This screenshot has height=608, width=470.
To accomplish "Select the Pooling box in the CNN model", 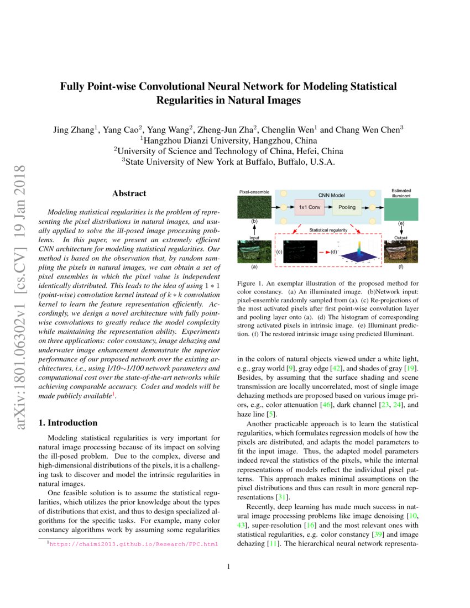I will [346, 207].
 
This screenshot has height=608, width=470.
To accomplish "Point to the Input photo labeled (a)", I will [254, 251].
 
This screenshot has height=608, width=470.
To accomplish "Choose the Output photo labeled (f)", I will [401, 251].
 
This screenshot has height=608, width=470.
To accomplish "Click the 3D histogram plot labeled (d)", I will [359, 252].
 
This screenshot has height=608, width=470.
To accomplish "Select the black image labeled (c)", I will [302, 251].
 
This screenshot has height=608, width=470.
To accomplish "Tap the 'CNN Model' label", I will [331, 195].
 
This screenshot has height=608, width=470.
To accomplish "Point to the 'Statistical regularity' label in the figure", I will [328, 229].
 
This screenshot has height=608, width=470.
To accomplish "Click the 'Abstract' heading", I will [129, 193].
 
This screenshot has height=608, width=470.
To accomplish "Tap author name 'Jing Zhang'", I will [74, 130].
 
